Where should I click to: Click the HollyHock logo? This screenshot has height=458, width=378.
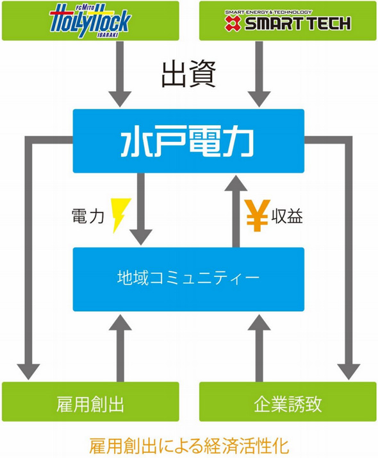pyautogui.click(x=91, y=21)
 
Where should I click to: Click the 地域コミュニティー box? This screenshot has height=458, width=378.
pyautogui.click(x=188, y=279)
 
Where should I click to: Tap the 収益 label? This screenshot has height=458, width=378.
pyautogui.click(x=286, y=216)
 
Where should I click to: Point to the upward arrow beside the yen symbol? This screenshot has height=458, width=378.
pyautogui.click(x=234, y=212)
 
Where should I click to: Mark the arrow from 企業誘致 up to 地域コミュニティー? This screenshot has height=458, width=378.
pyautogui.click(x=259, y=346)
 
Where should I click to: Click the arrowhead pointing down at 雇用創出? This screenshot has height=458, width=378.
pyautogui.click(x=28, y=371)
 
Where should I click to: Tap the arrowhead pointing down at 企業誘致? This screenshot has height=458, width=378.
pyautogui.click(x=349, y=371)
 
